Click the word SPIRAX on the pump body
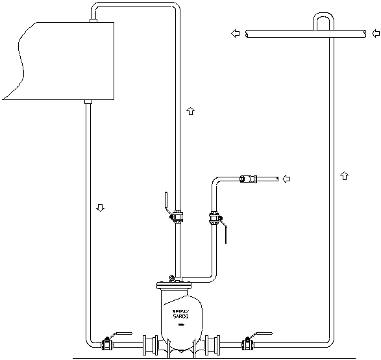point(181,312)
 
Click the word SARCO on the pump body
point(180,316)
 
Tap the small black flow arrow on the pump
point(181,324)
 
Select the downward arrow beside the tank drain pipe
point(100,208)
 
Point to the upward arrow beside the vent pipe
point(191,111)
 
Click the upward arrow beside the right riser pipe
point(344,175)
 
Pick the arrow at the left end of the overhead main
point(235,33)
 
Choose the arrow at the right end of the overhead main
point(376,33)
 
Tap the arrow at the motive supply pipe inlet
point(286,179)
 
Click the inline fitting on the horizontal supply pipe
point(248,179)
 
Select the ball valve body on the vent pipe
point(178,216)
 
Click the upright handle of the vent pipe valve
point(166,200)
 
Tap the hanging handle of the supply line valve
point(227,235)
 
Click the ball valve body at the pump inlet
point(107,344)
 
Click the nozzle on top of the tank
point(93,21)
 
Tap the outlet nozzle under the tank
point(88,101)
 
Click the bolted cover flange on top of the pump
point(174,285)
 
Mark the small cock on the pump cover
point(171,278)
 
